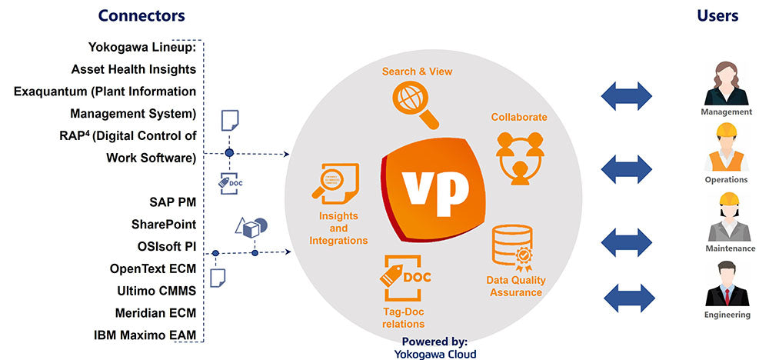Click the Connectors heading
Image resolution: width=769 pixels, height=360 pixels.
click(x=141, y=15)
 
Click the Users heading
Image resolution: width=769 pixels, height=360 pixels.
click(x=717, y=15)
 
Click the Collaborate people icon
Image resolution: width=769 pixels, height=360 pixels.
click(x=519, y=156)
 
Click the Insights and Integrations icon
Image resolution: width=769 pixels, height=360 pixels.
click(x=339, y=185)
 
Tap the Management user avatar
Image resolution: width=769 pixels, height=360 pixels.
click(x=726, y=84)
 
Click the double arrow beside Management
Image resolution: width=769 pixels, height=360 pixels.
click(x=627, y=97)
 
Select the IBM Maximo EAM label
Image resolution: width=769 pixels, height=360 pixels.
click(x=145, y=335)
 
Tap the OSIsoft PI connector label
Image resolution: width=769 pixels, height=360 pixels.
click(x=163, y=247)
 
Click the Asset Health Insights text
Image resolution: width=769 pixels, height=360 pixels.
click(x=133, y=69)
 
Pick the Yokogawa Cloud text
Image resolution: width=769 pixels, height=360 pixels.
click(x=434, y=354)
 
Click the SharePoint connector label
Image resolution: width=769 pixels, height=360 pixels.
click(x=163, y=225)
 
